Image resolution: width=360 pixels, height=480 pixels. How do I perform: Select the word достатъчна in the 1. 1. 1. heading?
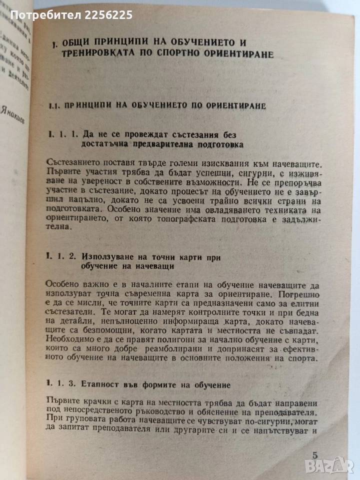[106, 145]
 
